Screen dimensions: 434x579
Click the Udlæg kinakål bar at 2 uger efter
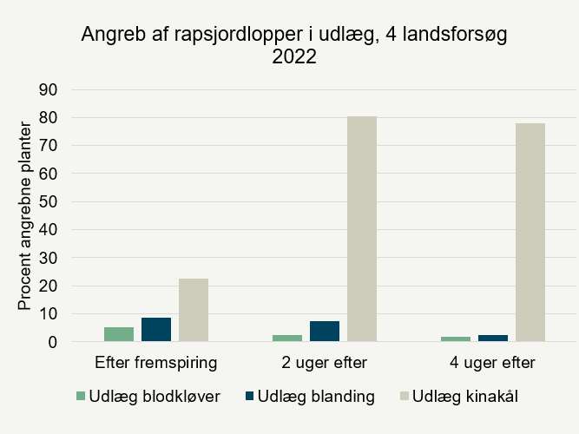(x=362, y=229)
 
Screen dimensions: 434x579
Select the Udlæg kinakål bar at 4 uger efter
(x=530, y=233)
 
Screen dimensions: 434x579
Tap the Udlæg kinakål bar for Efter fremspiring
(x=194, y=310)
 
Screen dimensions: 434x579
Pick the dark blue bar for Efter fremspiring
(x=156, y=330)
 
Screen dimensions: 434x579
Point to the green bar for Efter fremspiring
(x=119, y=334)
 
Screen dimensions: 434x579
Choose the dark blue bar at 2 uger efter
(x=325, y=332)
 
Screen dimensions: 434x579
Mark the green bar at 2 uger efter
(x=287, y=338)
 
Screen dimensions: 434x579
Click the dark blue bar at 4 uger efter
(x=492, y=338)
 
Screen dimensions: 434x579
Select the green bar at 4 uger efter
(x=456, y=339)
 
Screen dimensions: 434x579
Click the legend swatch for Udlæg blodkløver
(x=82, y=397)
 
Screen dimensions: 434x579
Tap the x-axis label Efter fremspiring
(x=156, y=362)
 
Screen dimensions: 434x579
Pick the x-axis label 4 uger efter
(x=493, y=362)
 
